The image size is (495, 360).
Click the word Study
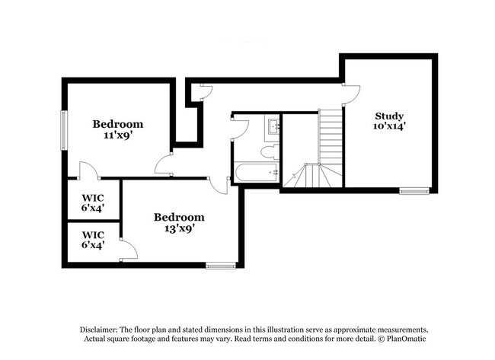[388, 116]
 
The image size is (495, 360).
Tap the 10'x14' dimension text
[388, 128]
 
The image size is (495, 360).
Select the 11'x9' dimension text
[117, 135]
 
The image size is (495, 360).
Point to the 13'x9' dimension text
[179, 228]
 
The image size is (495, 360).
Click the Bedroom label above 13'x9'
[179, 217]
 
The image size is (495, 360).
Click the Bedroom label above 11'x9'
[117, 124]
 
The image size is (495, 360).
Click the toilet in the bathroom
[269, 151]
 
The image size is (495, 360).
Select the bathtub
[256, 174]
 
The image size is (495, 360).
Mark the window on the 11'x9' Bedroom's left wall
[64, 123]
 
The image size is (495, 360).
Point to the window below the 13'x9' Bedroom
[219, 266]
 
